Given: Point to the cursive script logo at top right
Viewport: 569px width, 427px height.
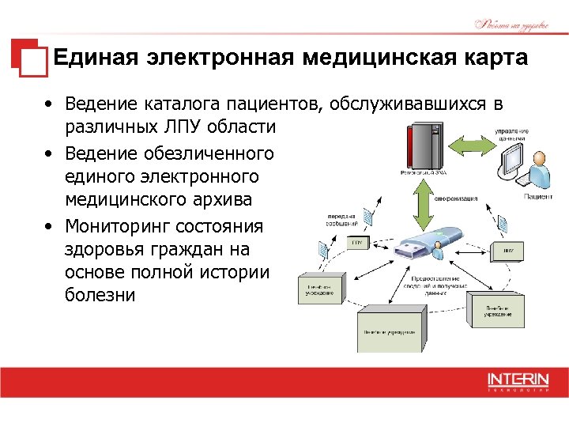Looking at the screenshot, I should point(511,25).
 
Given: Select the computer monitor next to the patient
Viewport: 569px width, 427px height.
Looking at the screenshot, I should point(514,162).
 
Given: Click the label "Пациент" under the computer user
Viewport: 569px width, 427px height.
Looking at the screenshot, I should point(538,196).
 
